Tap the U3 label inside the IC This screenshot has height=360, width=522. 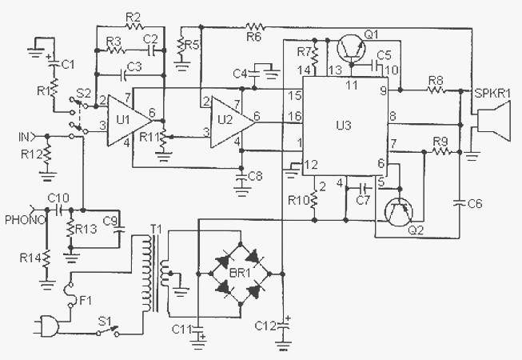344,126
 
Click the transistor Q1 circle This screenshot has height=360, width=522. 351,49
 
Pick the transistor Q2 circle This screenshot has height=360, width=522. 398,212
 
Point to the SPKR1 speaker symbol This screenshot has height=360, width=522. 493,122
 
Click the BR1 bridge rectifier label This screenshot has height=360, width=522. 240,274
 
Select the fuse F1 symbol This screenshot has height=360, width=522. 70,295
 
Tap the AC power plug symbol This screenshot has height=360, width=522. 47,326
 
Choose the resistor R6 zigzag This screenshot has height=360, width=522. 255,26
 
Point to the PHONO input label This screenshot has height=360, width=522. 25,220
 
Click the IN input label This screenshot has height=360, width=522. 24,137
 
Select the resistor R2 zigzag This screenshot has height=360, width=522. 134,26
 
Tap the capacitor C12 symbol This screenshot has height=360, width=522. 284,326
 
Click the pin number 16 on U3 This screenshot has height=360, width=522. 295,116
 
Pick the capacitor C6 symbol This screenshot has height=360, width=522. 460,202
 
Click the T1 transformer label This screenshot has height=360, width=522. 156,230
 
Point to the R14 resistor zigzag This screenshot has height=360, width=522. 47,258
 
